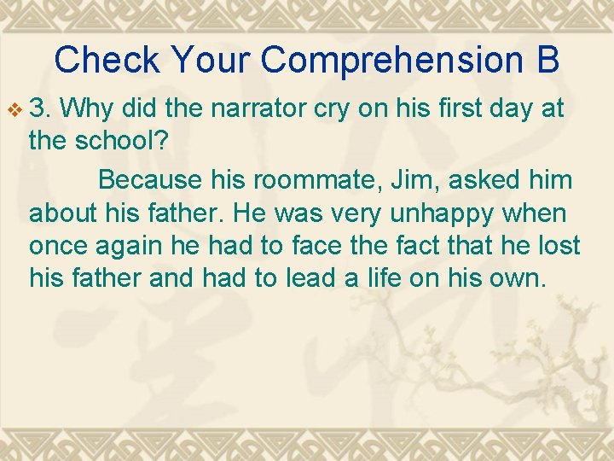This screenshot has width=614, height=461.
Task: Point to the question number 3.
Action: (40, 109)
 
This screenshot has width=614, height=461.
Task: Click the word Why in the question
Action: (89, 109)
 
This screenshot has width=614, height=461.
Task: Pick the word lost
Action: (559, 245)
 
